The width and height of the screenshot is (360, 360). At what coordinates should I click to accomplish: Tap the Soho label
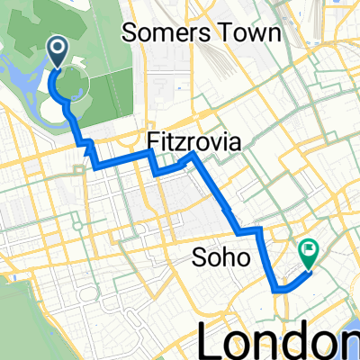(220, 260)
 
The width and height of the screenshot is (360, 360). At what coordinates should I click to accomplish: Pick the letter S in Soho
(201, 260)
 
